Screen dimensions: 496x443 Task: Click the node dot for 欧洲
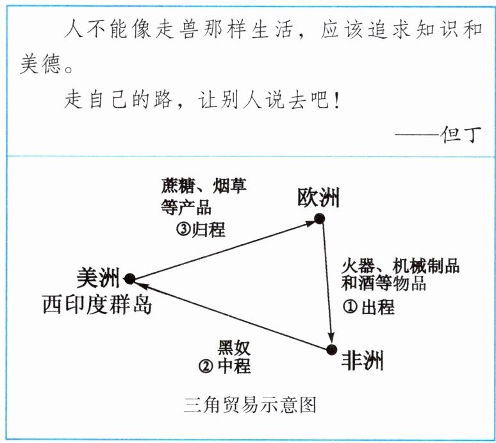click(319, 219)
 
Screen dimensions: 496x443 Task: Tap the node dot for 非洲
click(331, 349)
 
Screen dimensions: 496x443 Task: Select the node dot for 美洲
click(129, 278)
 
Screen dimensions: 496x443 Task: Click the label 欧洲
click(318, 197)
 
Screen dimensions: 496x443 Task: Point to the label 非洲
click(363, 360)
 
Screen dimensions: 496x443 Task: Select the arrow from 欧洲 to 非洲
click(326, 284)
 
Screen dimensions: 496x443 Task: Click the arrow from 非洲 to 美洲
click(231, 314)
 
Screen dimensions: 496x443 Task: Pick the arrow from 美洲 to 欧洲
click(224, 249)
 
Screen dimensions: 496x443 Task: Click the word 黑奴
click(234, 348)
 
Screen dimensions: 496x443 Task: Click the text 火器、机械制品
click(400, 265)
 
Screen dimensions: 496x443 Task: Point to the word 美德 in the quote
click(40, 65)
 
